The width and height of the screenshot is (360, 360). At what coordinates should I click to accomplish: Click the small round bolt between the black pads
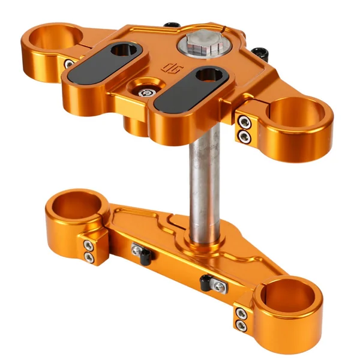[146, 91]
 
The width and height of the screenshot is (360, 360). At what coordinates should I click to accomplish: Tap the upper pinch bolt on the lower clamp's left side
[88, 245]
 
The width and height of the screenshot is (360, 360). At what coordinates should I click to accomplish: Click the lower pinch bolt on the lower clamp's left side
[89, 258]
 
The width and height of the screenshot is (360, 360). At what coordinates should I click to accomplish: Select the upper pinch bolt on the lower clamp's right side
[241, 313]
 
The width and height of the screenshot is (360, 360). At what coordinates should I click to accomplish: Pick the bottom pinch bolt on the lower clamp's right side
[241, 326]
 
